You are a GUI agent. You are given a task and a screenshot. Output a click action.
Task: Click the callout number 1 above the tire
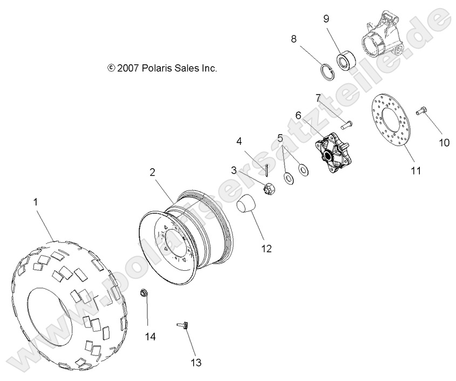[x=36, y=202]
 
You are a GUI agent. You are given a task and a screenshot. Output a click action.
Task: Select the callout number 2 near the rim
[x=152, y=172]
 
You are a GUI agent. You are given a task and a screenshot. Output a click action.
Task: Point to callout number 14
[x=150, y=336]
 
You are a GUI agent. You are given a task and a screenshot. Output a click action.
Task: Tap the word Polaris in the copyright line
[x=159, y=68]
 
